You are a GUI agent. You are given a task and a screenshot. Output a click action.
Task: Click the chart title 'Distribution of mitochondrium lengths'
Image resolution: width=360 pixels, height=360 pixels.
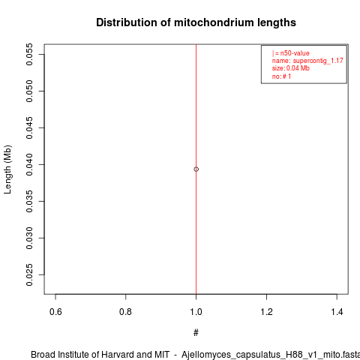pyautogui.click(x=196, y=22)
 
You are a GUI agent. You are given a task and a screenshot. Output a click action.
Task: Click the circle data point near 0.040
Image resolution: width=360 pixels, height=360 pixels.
pyautogui.click(x=196, y=169)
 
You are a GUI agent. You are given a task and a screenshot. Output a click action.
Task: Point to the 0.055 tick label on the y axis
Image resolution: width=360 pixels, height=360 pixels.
pyautogui.click(x=29, y=54)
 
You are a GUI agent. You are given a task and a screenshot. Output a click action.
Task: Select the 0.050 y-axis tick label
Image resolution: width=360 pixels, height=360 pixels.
pyautogui.click(x=29, y=91)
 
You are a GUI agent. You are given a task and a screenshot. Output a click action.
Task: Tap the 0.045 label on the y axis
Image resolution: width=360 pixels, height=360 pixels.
pyautogui.click(x=29, y=127)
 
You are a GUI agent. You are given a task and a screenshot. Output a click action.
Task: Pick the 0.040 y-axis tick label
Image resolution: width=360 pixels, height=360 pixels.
pyautogui.click(x=29, y=164)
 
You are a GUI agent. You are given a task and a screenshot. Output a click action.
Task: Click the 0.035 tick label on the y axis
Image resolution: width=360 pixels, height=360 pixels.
pyautogui.click(x=29, y=201)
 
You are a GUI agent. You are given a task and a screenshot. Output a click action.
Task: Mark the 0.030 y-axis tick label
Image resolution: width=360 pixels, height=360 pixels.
pyautogui.click(x=29, y=238)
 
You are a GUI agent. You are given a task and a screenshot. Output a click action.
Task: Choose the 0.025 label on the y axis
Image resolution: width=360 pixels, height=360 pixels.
pyautogui.click(x=29, y=274)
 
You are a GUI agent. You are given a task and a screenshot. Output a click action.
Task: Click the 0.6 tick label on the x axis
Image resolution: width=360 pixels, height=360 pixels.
pyautogui.click(x=55, y=312)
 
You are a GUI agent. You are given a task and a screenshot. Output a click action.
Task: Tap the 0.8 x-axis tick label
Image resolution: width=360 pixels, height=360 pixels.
pyautogui.click(x=125, y=312)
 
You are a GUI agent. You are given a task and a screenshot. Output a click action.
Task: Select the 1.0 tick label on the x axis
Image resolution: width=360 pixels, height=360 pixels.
pyautogui.click(x=196, y=312)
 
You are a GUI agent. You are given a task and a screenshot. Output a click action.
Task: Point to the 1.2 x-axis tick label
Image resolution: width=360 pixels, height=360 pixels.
pyautogui.click(x=266, y=312)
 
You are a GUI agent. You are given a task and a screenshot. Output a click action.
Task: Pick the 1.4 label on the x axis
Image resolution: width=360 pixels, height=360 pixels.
pyautogui.click(x=337, y=312)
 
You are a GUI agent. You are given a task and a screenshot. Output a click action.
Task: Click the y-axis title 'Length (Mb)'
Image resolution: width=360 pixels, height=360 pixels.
pyautogui.click(x=7, y=169)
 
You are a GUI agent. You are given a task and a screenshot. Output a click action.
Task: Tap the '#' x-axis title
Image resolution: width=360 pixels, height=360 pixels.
pyautogui.click(x=196, y=333)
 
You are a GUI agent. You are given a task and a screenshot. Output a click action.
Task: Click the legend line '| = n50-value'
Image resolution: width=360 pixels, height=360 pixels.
pyautogui.click(x=291, y=53)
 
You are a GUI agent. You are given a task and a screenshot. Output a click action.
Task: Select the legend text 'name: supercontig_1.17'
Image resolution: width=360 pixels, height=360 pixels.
pyautogui.click(x=307, y=61)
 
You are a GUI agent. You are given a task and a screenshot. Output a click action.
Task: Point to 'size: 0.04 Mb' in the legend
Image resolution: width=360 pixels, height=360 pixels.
pyautogui.click(x=291, y=68)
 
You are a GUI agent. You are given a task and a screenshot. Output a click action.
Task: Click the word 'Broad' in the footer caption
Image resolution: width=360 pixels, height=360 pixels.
pyautogui.click(x=43, y=355)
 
